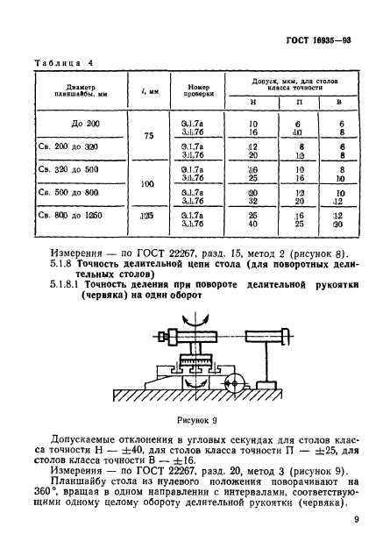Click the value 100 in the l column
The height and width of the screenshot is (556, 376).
pyautogui.click(x=150, y=184)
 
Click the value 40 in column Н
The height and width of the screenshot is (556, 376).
pyautogui.click(x=252, y=224)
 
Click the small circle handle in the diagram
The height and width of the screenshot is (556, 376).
pyautogui.click(x=232, y=381)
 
